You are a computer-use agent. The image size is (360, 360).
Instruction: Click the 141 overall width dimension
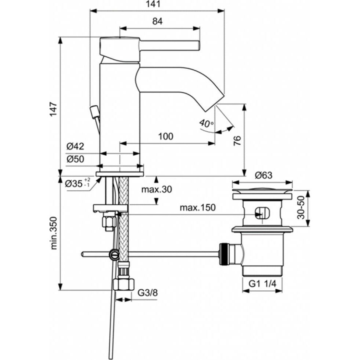(x=158, y=5)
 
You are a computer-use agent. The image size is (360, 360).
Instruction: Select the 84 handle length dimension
(x=157, y=21)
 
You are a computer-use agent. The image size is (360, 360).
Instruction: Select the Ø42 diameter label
(x=75, y=147)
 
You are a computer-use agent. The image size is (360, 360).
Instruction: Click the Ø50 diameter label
(x=75, y=159)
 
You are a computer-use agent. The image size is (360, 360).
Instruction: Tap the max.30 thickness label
(x=157, y=190)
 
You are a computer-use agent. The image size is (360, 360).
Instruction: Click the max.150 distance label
(x=197, y=208)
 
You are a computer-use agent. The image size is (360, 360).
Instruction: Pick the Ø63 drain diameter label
(x=263, y=176)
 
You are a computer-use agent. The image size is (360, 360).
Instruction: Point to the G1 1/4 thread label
(x=262, y=284)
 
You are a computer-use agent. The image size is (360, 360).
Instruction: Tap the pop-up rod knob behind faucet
(x=94, y=109)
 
